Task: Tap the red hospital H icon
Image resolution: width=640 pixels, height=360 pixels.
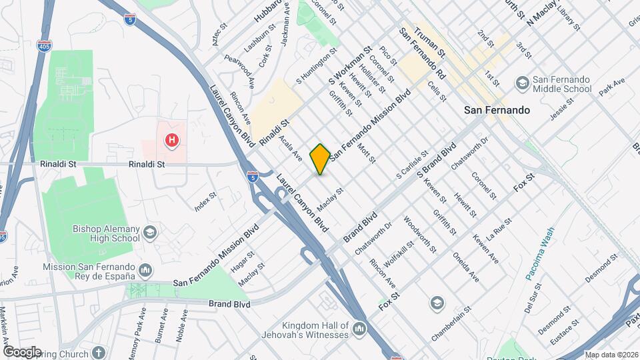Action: click(172, 140)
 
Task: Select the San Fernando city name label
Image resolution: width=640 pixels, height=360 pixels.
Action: click(497, 109)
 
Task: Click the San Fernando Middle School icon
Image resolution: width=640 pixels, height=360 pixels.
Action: click(522, 82)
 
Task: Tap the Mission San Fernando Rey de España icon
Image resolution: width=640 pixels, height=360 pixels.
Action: click(145, 269)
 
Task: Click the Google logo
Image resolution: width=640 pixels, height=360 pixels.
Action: click(22, 351)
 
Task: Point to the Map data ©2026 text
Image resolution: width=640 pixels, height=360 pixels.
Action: click(611, 355)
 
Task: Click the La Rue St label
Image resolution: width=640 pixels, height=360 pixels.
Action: click(499, 228)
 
